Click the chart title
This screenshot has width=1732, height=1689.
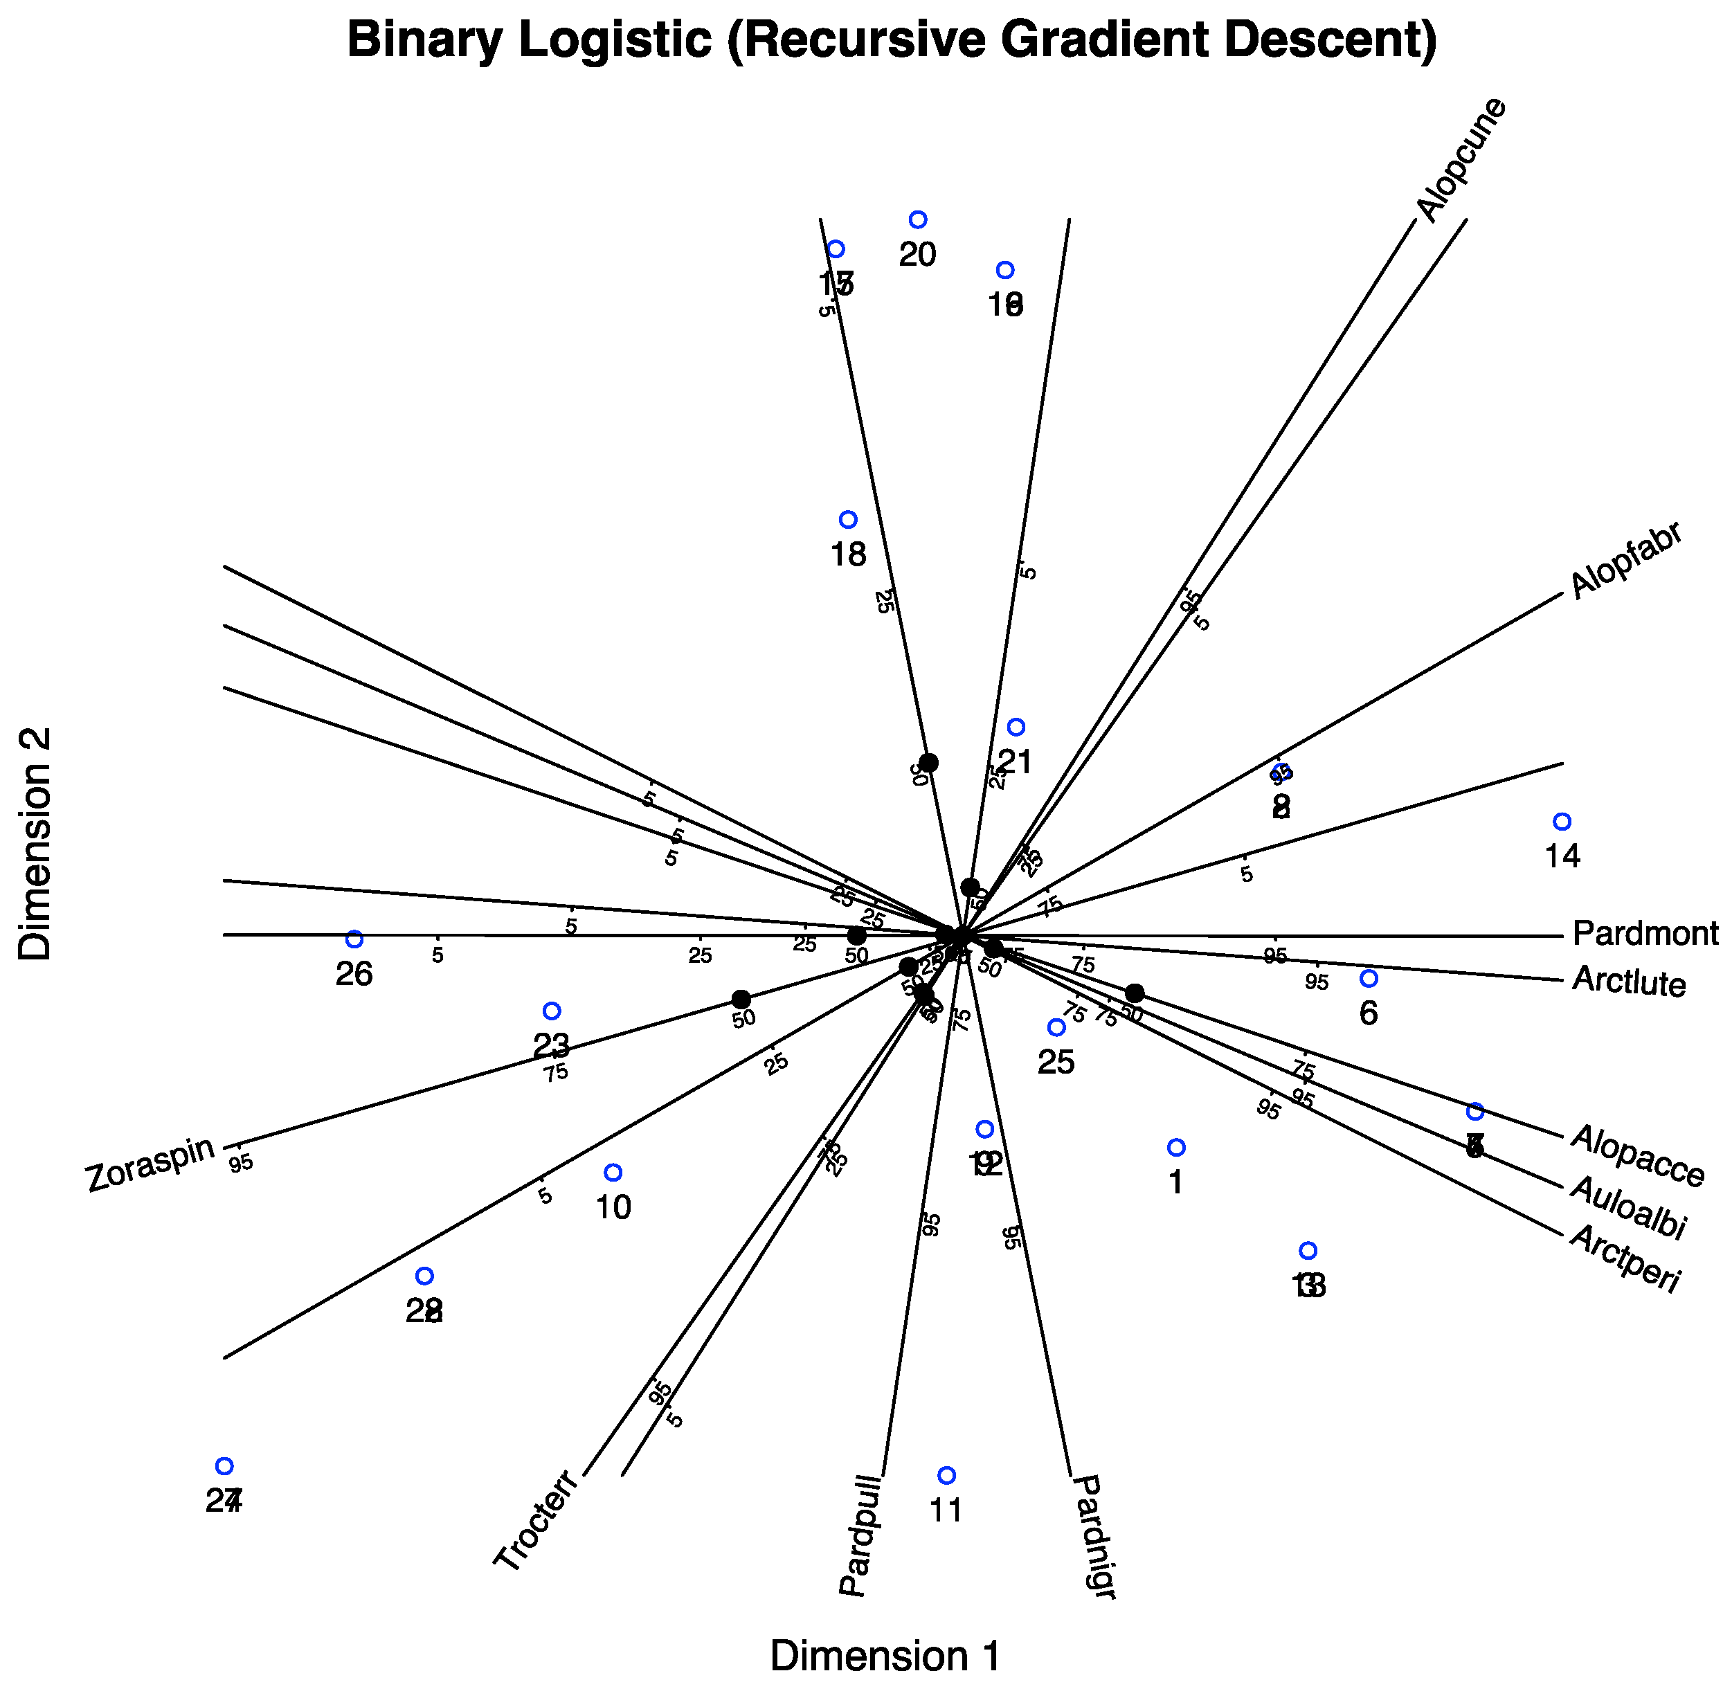(891, 41)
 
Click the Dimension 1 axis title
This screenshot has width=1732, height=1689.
(885, 1655)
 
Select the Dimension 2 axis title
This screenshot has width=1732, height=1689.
(35, 844)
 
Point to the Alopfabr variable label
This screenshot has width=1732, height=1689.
(1626, 561)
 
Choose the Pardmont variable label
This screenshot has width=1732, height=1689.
(1645, 934)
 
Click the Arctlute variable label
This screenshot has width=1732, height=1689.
(1628, 982)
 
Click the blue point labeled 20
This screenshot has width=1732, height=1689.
(919, 220)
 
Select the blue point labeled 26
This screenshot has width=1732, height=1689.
(354, 939)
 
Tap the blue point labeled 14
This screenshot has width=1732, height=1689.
(1562, 822)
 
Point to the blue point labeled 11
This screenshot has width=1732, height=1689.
(947, 1475)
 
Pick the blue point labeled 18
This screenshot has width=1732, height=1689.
(848, 520)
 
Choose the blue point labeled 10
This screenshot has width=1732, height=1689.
(612, 1173)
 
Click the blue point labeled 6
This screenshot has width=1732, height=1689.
(1369, 979)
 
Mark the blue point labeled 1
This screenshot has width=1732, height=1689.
(1175, 1148)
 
